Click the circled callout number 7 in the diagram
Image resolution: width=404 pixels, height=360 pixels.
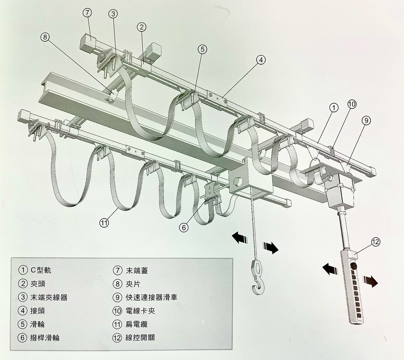coord(87,13)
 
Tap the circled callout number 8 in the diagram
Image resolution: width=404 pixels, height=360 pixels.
coord(45,37)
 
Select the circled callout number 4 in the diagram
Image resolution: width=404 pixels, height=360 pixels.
coord(260,60)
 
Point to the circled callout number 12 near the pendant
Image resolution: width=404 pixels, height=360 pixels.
coord(376,242)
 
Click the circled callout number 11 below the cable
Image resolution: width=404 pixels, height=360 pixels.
coord(104,222)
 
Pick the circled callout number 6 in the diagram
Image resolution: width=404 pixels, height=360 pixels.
coord(184,227)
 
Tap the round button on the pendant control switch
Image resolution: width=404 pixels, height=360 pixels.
coord(354,267)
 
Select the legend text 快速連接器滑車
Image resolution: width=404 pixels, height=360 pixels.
coord(151,297)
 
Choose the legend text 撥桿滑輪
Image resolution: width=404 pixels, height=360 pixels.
coord(44,338)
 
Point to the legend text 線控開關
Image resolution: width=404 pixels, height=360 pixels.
coord(140,338)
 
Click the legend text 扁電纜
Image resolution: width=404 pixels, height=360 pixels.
coord(136,324)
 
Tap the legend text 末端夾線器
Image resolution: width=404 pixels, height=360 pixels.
coord(49,297)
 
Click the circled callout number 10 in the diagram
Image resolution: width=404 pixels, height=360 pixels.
coord(352,104)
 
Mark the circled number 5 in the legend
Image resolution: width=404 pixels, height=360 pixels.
coord(23,324)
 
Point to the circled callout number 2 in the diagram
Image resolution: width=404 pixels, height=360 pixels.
coord(141,27)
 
